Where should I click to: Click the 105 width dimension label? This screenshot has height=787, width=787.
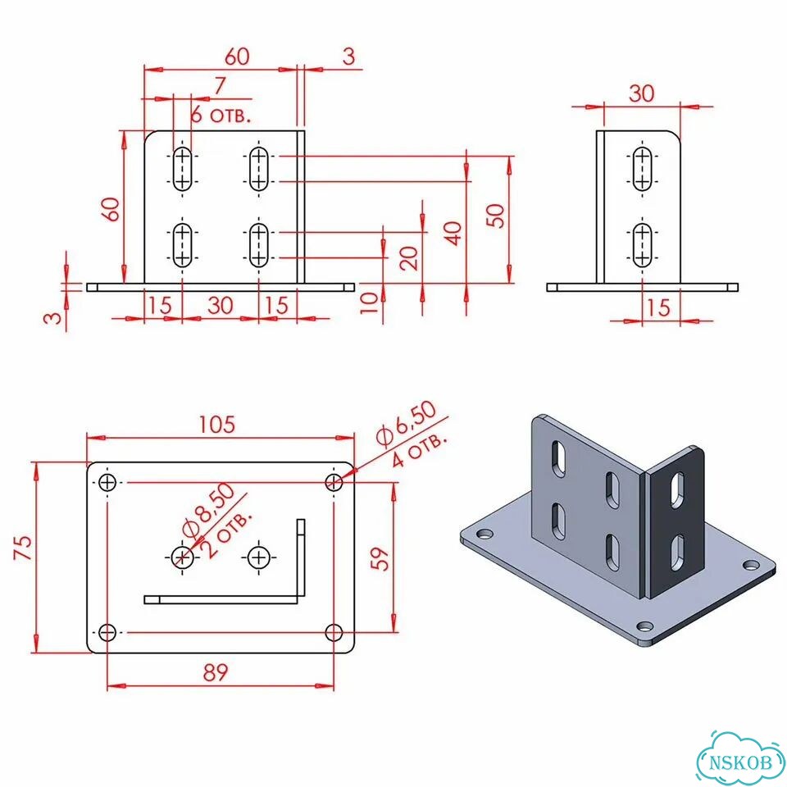point(216,425)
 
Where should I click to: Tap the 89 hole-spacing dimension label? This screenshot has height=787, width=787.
point(216,672)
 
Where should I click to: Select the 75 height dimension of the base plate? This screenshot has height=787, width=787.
point(23,548)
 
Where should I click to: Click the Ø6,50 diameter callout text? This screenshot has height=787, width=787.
point(407,424)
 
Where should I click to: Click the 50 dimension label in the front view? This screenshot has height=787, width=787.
point(496,216)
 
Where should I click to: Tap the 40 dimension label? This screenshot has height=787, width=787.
point(453,234)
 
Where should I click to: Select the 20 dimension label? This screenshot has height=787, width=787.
point(410,258)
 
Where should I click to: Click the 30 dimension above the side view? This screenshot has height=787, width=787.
point(641,93)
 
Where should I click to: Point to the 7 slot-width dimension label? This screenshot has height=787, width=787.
point(220,86)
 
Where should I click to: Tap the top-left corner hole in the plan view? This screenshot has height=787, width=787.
point(107,483)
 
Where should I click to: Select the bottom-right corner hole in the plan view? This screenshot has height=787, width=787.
point(334,632)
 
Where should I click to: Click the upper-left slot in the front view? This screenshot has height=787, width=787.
point(182,169)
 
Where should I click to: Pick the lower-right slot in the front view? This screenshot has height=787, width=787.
point(258,245)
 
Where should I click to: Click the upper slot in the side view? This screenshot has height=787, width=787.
point(642,169)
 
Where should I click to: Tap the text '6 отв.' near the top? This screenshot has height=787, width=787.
point(221,116)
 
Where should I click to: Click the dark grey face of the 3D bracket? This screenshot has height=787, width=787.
point(675,522)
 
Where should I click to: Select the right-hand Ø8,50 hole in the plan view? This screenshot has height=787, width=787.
point(259,557)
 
